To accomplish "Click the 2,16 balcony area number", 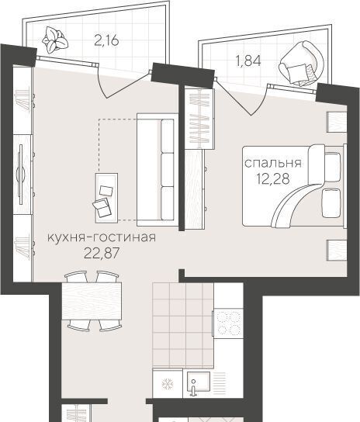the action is pyautogui.click(x=106, y=40).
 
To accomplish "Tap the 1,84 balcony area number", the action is pyautogui.click(x=248, y=61).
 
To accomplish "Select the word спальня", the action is pyautogui.click(x=272, y=164).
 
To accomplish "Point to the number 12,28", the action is pyautogui.click(x=273, y=178).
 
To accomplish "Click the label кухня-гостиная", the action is pyautogui.click(x=102, y=237).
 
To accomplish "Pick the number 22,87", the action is pyautogui.click(x=102, y=253).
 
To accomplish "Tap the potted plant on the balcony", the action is pyautogui.click(x=55, y=40).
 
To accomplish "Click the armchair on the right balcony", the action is pyautogui.click(x=301, y=64).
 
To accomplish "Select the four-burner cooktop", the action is pyautogui.click(x=228, y=323).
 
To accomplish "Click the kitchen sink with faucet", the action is pyautogui.click(x=199, y=383).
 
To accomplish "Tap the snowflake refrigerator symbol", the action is pyautogui.click(x=168, y=384).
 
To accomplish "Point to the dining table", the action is pyautogui.click(x=92, y=301).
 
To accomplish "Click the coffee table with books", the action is pyautogui.click(x=106, y=198).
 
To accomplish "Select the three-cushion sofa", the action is pyautogui.click(x=157, y=170).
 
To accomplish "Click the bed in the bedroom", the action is pyautogui.click(x=293, y=185).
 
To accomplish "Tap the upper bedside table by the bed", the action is pyautogui.click(x=337, y=122).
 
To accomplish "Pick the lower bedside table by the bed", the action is pyautogui.click(x=337, y=251).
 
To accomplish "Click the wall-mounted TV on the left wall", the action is pyautogui.click(x=21, y=174).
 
